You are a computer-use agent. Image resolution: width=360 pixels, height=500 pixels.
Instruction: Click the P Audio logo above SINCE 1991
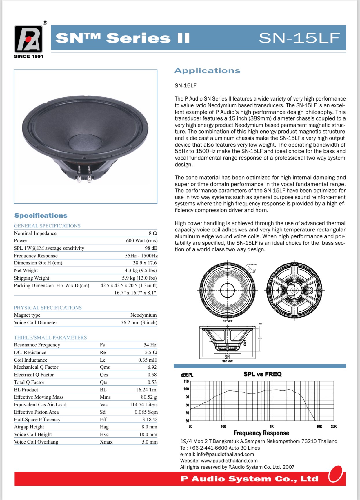coord(28,39)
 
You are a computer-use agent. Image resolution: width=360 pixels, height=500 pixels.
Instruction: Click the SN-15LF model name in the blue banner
coord(299,38)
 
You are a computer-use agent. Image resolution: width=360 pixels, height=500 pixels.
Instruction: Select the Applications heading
coord(207,71)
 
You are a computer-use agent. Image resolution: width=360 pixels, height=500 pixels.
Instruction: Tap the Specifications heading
coord(41,216)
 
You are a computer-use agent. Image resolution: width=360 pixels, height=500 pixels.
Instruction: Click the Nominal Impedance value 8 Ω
coord(153,233)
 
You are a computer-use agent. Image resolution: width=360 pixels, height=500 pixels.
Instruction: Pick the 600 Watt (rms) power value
coord(141,240)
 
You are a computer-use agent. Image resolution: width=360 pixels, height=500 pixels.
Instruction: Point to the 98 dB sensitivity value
coord(151,248)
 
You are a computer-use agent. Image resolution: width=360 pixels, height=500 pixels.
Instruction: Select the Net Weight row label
coord(26,270)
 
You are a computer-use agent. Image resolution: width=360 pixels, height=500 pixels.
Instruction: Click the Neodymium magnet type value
coord(143,315)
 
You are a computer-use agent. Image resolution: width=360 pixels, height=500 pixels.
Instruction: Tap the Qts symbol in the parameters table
coord(103,382)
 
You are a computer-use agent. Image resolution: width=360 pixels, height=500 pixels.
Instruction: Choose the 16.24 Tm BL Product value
coord(146,390)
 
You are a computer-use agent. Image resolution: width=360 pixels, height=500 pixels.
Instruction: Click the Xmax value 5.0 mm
coord(150,442)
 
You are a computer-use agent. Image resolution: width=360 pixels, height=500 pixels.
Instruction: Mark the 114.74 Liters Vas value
coord(143,404)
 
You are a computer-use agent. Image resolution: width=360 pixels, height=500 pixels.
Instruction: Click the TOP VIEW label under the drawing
coord(228,321)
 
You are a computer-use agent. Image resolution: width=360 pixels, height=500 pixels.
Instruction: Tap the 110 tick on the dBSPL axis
coord(186,382)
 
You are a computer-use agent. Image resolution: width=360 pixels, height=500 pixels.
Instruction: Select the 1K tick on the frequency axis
coord(272,426)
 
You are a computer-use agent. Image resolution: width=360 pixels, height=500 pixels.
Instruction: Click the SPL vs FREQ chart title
coord(262,374)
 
